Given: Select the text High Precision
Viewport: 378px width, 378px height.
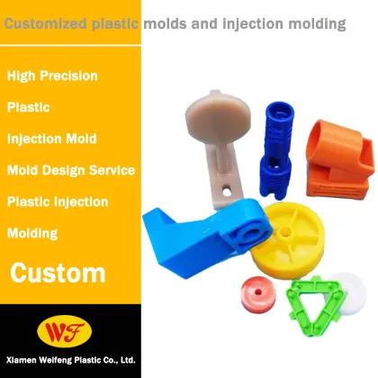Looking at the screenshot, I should click(52, 76).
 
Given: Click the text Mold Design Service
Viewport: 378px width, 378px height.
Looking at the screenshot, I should click(70, 169).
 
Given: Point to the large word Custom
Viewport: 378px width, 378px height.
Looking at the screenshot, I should click(58, 272).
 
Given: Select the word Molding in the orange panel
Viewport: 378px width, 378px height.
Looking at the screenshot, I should click(32, 233).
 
